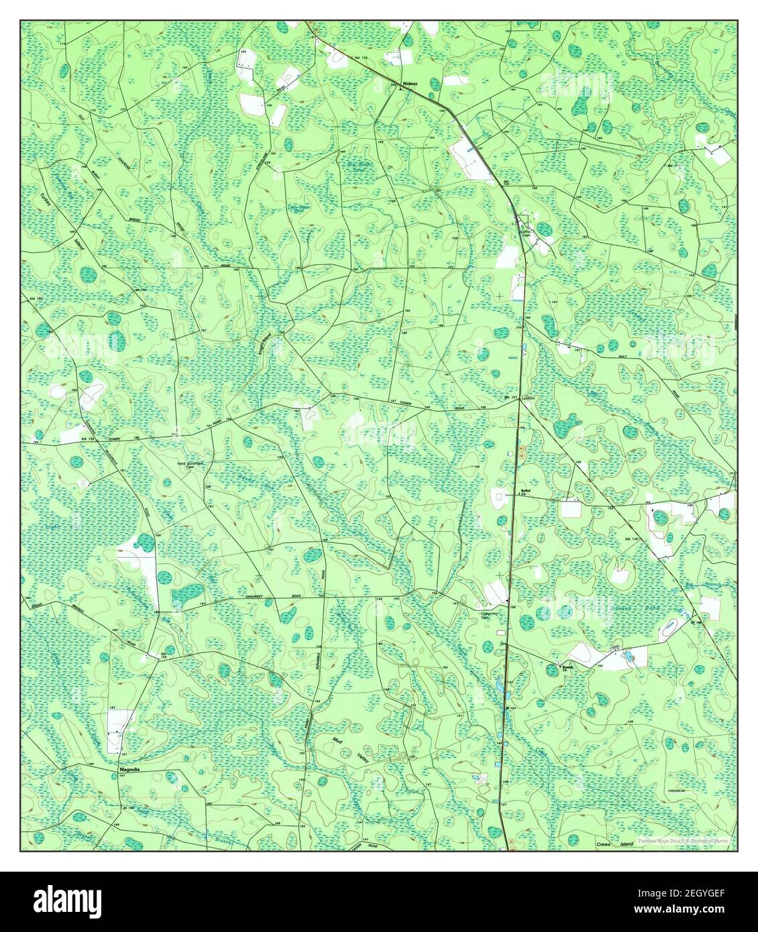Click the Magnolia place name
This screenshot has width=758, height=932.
pos(130,770)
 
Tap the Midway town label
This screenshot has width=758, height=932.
pos(410,83)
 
